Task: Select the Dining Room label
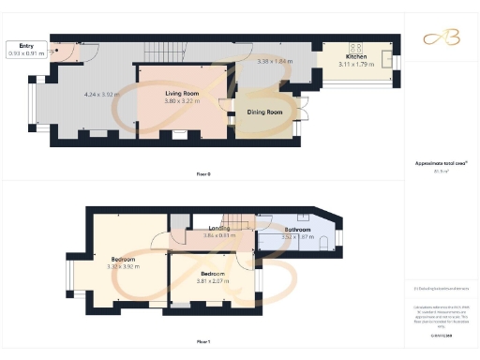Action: pos(265,112)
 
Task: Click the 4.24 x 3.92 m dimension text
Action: pos(103,94)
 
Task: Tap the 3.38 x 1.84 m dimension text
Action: pos(275,61)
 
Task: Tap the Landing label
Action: pos(219,229)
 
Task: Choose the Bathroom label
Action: pos(298,229)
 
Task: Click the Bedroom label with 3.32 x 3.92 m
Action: pos(123,259)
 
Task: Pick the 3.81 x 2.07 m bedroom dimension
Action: pos(215,280)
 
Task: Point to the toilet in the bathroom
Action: pos(323,242)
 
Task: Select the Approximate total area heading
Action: pos(441,163)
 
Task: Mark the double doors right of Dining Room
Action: pos(303,115)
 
